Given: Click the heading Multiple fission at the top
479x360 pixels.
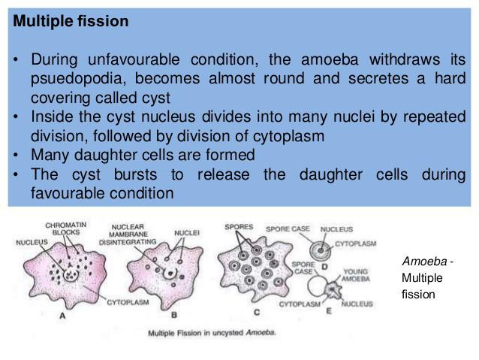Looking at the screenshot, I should pyautogui.click(x=71, y=22).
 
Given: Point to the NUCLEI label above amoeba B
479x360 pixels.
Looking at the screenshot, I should pyautogui.click(x=187, y=233).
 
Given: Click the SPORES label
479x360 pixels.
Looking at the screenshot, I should pyautogui.click(x=239, y=225).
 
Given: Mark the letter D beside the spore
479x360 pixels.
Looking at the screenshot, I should pyautogui.click(x=324, y=266).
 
